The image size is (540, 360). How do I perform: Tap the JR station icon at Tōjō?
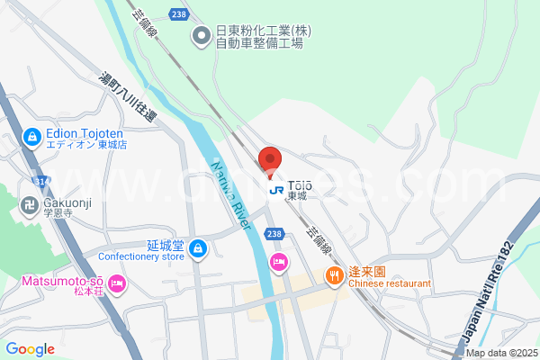(x=276, y=189)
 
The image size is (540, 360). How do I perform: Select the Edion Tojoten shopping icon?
(x=31, y=138)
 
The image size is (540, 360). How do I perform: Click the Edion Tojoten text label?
(x=86, y=138)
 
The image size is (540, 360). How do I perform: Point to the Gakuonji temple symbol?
(x=28, y=205)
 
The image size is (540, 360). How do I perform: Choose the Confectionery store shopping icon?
(x=198, y=249)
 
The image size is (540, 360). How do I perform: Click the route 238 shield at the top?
(x=178, y=14)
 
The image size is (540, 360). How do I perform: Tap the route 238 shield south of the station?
(x=274, y=233)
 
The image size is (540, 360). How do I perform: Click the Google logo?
(x=30, y=349)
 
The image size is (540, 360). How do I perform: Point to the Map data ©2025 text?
(x=501, y=354)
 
